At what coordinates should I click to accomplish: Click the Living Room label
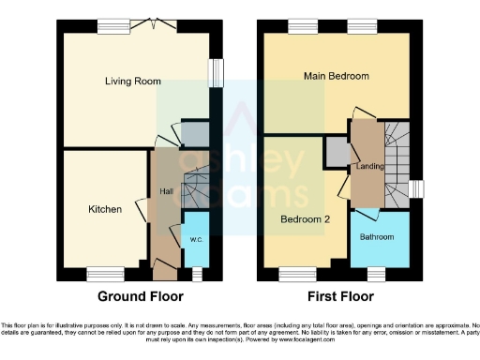[x=127, y=82]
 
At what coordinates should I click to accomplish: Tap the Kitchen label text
[x=105, y=209]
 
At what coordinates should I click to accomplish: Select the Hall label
[x=166, y=192]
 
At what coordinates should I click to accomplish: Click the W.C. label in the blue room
[x=196, y=239]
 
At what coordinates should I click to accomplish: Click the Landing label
[x=367, y=166]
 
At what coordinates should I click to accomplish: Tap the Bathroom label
[x=379, y=236]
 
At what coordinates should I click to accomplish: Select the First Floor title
[x=337, y=296]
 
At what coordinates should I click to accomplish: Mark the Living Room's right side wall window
[x=219, y=73]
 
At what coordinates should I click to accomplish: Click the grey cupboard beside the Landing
[x=337, y=149]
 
